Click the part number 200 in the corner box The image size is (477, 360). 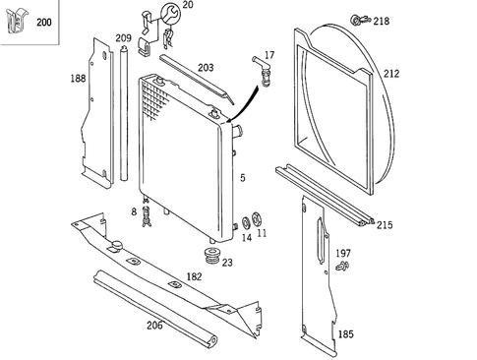[44, 22]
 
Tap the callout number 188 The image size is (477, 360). [78, 78]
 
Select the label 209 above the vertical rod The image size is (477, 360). [123, 38]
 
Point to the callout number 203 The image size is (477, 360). [206, 68]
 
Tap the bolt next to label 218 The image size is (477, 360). [358, 20]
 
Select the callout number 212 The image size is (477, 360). [391, 73]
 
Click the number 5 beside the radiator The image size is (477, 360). [242, 178]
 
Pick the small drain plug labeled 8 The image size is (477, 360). [146, 214]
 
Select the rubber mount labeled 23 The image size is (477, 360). [210, 258]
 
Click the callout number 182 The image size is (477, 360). [194, 278]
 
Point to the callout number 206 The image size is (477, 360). [154, 325]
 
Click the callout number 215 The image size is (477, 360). [384, 225]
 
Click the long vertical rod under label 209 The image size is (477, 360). [123, 118]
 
